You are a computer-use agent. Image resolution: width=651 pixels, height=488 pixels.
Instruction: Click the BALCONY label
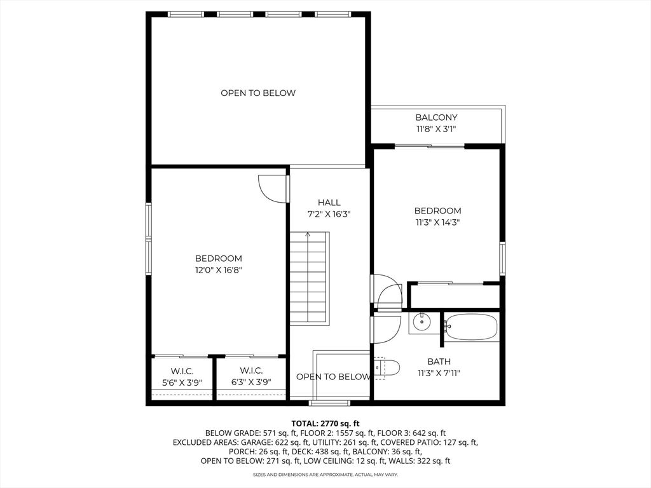click(436, 118)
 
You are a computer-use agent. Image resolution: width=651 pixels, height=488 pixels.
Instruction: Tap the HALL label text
click(329, 203)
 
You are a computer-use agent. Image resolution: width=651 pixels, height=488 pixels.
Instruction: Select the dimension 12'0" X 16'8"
click(219, 270)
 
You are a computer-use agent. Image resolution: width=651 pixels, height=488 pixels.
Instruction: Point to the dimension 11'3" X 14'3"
click(437, 222)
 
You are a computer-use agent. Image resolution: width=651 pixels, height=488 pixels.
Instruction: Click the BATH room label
click(439, 362)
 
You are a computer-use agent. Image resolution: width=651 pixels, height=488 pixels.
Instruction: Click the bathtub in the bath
click(471, 327)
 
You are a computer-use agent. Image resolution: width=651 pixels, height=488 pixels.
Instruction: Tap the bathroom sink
click(421, 322)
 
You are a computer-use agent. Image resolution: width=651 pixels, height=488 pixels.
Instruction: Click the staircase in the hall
click(310, 278)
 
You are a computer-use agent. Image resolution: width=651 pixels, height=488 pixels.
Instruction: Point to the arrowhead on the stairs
click(308, 234)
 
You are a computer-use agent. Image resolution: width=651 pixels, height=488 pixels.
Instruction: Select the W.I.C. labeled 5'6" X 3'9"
click(182, 376)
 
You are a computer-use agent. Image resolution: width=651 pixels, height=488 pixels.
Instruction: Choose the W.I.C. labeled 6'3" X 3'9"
click(251, 376)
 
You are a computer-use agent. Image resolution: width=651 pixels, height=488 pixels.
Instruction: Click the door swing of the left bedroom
click(273, 189)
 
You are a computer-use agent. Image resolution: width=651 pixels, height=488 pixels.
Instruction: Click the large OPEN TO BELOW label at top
click(258, 93)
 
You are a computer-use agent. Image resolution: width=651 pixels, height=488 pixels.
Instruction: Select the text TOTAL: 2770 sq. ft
click(325, 424)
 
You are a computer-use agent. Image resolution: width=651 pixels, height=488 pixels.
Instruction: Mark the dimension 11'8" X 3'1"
click(436, 128)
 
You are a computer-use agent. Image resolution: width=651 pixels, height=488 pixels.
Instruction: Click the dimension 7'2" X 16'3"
click(329, 214)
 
